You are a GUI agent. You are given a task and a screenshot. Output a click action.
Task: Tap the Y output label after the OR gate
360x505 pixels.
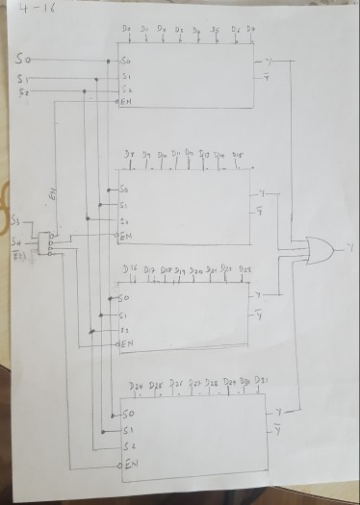[x=350, y=248]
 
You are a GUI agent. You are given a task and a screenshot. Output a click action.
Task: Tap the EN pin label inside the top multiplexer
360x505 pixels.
[x=126, y=101]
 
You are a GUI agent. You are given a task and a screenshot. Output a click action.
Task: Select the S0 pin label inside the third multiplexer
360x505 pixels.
[x=126, y=299]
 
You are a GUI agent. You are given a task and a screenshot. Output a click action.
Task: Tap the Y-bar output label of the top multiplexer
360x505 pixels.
[x=267, y=77]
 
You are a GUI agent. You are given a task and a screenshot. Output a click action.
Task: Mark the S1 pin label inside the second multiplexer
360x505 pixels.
[x=125, y=205]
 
